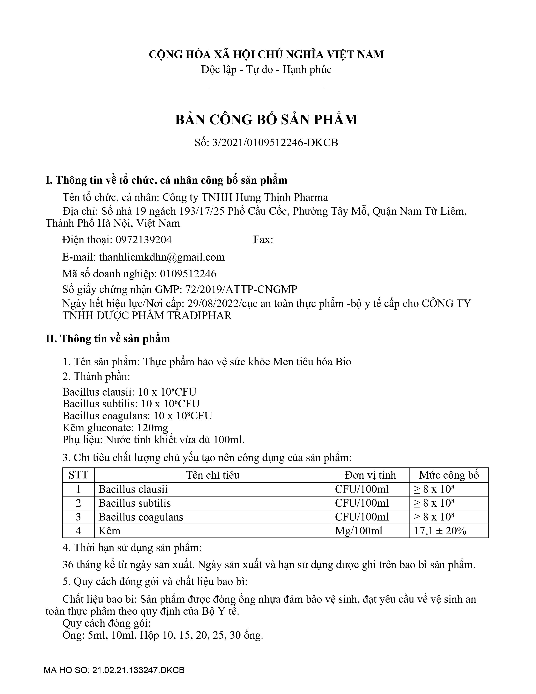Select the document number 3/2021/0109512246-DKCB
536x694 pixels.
[x=275, y=143]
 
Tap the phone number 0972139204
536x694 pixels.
[x=144, y=240]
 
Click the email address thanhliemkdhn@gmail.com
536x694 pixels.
[x=162, y=257]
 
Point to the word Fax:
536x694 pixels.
[x=263, y=240]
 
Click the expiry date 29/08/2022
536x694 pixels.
[x=213, y=303]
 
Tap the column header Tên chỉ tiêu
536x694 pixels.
[x=213, y=475]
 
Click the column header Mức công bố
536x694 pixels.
[x=449, y=475]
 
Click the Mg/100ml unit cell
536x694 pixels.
[x=359, y=531]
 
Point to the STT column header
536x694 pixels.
[x=78, y=475]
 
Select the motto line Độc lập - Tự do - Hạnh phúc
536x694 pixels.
[x=266, y=70]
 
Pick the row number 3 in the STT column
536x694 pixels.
[x=78, y=517]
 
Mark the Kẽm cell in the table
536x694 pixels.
[x=109, y=531]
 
